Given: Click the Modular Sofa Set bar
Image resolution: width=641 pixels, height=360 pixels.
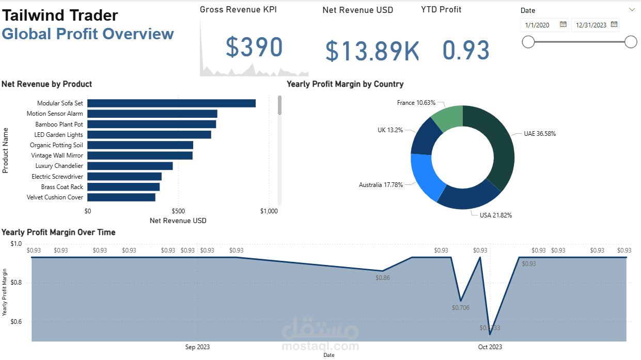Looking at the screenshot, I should click(171, 103).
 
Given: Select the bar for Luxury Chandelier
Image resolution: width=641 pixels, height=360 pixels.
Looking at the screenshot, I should click(130, 166).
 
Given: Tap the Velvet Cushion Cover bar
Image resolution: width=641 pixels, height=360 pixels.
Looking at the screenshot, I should click(121, 197).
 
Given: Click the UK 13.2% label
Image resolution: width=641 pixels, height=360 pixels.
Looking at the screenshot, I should click(390, 130).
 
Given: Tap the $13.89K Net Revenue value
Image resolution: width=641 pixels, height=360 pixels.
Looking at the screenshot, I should click(372, 51).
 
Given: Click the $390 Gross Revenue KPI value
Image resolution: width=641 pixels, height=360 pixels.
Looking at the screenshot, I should click(254, 48).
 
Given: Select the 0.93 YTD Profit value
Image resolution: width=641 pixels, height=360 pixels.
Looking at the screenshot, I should click(466, 51).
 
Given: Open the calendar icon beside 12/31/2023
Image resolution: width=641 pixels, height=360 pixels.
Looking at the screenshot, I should click(614, 24).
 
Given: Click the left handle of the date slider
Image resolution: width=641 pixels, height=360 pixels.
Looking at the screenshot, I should click(528, 42).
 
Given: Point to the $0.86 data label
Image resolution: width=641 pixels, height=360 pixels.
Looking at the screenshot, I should click(383, 277).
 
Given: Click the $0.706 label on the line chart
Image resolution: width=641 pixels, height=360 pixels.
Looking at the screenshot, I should click(461, 308).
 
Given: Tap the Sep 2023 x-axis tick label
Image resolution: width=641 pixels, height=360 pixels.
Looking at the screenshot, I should click(197, 347).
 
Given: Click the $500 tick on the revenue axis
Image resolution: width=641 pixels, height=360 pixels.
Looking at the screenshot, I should click(178, 211).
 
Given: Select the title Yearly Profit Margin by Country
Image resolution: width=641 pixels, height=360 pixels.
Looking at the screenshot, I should click(345, 84).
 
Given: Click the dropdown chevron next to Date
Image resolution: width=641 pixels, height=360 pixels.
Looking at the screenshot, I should click(632, 10).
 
